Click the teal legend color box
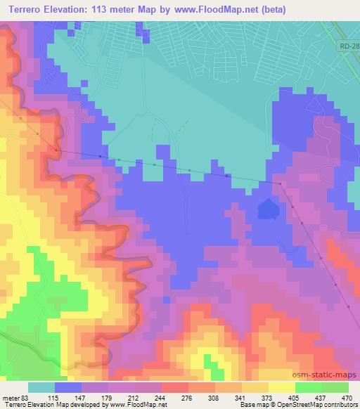41,387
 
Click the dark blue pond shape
267,209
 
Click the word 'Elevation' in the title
67,7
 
